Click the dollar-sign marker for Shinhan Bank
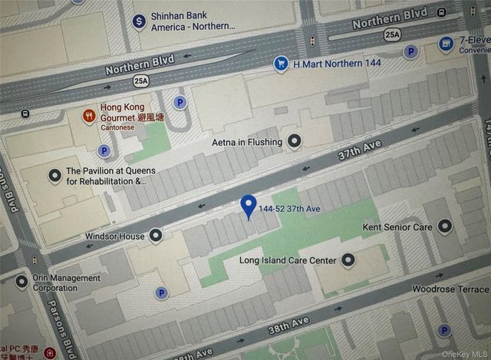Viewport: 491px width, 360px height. click(x=139, y=21)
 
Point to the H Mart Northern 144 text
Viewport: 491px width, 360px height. click(x=336, y=64)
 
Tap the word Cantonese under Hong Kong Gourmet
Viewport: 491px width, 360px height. click(x=120, y=127)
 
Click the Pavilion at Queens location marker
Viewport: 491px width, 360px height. click(x=55, y=176)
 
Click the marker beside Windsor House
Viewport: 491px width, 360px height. click(x=157, y=235)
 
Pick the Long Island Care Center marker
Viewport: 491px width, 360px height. click(x=348, y=261)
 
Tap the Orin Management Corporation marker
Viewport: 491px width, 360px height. click(x=21, y=282)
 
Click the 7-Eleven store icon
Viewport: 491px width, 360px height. click(x=447, y=44)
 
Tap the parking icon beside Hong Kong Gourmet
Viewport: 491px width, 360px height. click(x=181, y=102)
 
